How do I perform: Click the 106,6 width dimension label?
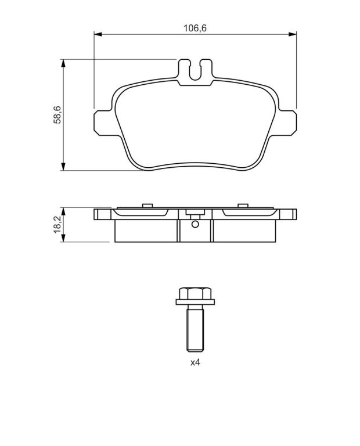[195, 28]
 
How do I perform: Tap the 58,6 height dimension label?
[57, 114]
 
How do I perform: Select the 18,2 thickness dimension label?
[57, 224]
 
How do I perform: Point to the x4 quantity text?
[195, 362]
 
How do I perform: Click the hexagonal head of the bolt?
[195, 293]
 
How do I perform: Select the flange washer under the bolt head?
[195, 302]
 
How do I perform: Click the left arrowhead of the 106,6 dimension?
[98, 34]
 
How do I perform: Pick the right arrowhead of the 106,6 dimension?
[292, 34]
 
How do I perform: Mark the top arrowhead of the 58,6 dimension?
[63, 63]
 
